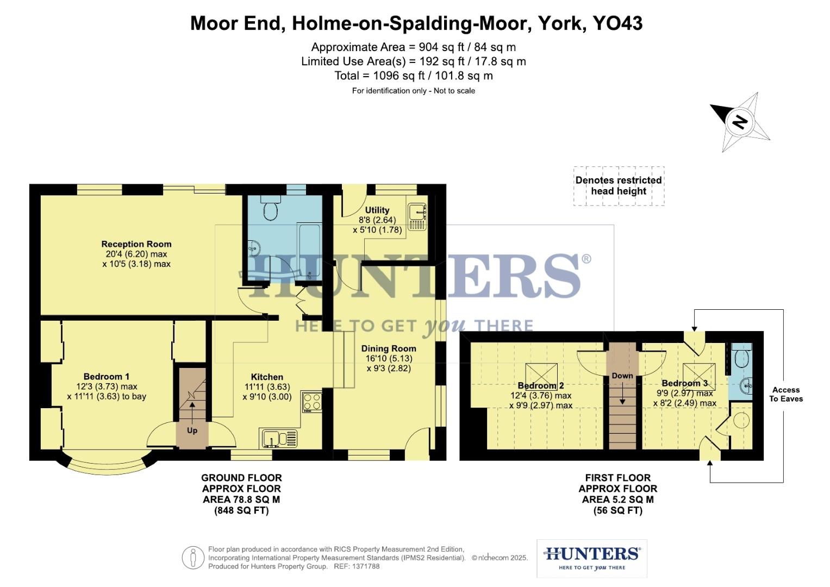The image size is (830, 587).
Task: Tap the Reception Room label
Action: coord(136,244)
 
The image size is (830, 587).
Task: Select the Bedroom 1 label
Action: coord(106,377)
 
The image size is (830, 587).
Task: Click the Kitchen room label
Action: coord(267,377)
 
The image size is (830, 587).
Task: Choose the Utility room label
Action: coord(377,210)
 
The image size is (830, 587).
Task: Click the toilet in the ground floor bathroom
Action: coord(271,208)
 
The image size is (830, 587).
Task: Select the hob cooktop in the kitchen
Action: coord(312,402)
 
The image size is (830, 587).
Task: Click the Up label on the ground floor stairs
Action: coord(192,430)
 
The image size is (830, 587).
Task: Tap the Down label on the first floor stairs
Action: coord(622,376)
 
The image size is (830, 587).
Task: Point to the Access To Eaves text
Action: coord(785,394)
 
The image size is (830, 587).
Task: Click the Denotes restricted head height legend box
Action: coord(619,186)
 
